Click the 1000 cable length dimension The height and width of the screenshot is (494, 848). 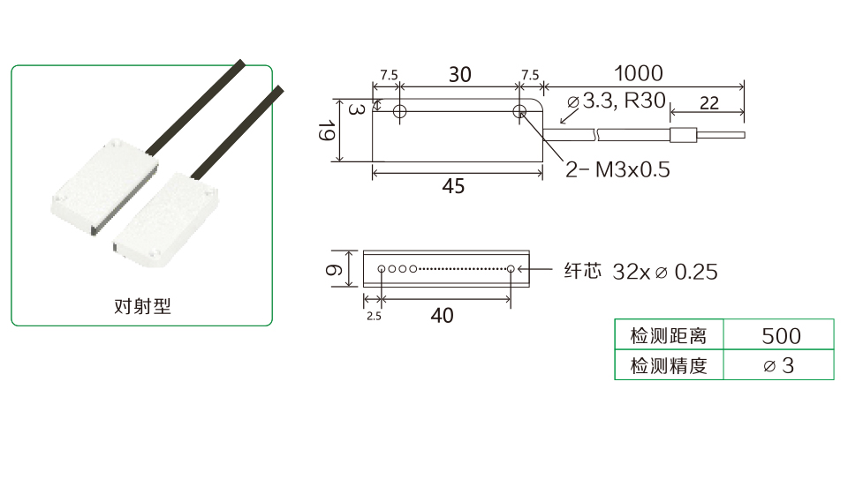pos(638,73)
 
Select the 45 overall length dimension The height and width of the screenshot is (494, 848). pos(453,186)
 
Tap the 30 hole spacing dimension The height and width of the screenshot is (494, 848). pos(459,74)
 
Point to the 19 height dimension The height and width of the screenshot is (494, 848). pos(325,130)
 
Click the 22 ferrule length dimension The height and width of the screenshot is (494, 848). pos(709,103)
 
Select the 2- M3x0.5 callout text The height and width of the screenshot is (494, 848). pos(617,169)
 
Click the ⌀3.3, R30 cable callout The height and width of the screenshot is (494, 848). pos(616,101)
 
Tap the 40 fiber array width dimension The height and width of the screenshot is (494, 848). pos(442,315)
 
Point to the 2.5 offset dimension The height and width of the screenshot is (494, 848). pos(374,317)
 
